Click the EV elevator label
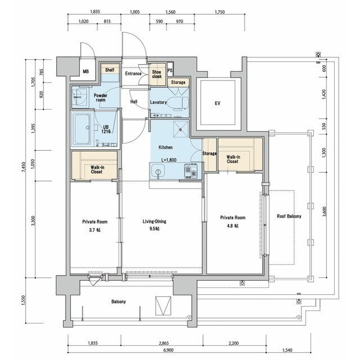pos(218,103)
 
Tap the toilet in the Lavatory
pos(178,102)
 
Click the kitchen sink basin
pos(158,172)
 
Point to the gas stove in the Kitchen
pos(191,171)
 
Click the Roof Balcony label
pos(289,216)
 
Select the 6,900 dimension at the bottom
pos(168,350)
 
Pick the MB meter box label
pos(85,71)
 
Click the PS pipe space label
pos(170,71)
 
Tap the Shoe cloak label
pos(157,74)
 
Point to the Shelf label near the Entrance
pos(110,70)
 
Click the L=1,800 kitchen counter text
pos(169,160)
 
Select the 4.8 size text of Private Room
pos(232,226)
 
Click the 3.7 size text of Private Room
pos(95,230)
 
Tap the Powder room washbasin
pos(78,97)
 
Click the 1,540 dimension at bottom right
pos(287,350)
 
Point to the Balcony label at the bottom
pos(119,301)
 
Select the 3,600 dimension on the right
pos(324,211)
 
